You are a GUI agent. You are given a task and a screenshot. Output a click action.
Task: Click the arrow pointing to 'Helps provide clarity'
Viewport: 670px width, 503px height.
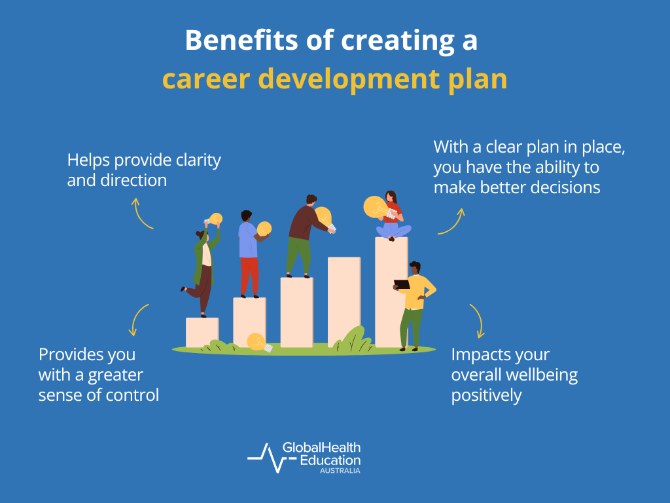(142, 214)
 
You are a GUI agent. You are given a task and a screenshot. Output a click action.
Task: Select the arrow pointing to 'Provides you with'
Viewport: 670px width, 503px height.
(139, 319)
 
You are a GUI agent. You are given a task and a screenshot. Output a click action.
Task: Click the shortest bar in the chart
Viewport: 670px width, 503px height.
(202, 332)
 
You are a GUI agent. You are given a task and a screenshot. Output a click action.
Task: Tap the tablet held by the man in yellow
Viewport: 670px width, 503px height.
(402, 284)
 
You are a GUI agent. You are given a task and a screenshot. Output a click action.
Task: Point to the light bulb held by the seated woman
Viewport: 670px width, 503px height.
(375, 207)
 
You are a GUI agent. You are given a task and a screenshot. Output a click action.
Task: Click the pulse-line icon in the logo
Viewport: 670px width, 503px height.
(264, 457)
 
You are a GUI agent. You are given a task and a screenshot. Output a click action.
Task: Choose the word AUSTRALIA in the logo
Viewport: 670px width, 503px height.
(340, 470)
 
